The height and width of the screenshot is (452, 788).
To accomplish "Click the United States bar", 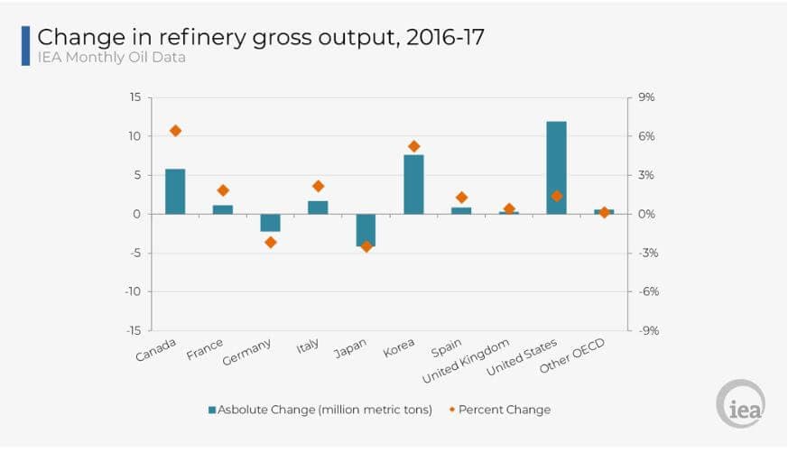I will tap(556, 168).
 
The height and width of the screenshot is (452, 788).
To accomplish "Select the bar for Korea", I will tap(413, 184).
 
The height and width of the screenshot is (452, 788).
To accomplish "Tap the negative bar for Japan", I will tap(366, 230).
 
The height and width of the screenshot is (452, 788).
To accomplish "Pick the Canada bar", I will tap(175, 191).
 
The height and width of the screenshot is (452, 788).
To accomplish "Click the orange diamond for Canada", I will tap(175, 131).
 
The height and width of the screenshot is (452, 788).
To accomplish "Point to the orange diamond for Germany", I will tap(271, 242).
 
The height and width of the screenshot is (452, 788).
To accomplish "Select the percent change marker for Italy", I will tap(318, 186).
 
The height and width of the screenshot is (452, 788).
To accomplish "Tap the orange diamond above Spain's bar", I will tap(461, 198).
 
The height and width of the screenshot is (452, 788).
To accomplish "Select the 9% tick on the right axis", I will tap(647, 97).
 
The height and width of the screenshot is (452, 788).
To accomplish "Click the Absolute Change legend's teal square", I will tap(212, 410).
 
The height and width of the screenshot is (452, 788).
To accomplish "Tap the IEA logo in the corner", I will tap(740, 403).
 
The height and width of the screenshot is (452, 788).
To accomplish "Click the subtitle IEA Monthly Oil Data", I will tap(112, 58).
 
